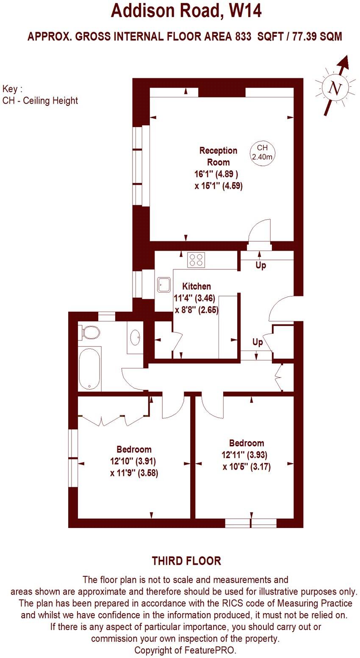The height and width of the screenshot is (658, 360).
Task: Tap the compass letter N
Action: [x=335, y=89]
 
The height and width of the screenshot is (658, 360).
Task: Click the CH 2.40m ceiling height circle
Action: [x=263, y=152]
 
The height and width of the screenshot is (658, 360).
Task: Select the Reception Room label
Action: [x=218, y=156]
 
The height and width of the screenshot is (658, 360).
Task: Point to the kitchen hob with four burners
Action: [x=196, y=259]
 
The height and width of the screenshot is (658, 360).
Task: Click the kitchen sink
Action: [x=163, y=285]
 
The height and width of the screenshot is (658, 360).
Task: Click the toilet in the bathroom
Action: [x=89, y=332]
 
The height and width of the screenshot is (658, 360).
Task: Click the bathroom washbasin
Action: [x=136, y=338]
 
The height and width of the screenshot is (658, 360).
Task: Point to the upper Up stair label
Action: [x=260, y=266]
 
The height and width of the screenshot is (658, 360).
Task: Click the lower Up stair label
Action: [x=258, y=342]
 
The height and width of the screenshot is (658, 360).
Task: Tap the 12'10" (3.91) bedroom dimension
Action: [x=134, y=461]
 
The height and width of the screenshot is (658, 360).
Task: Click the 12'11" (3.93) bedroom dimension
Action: [x=246, y=455]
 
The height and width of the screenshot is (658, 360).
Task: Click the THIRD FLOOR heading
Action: [x=186, y=561]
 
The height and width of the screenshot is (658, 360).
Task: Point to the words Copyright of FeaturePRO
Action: [x=185, y=650]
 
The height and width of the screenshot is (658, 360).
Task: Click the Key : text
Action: [x=12, y=89]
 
